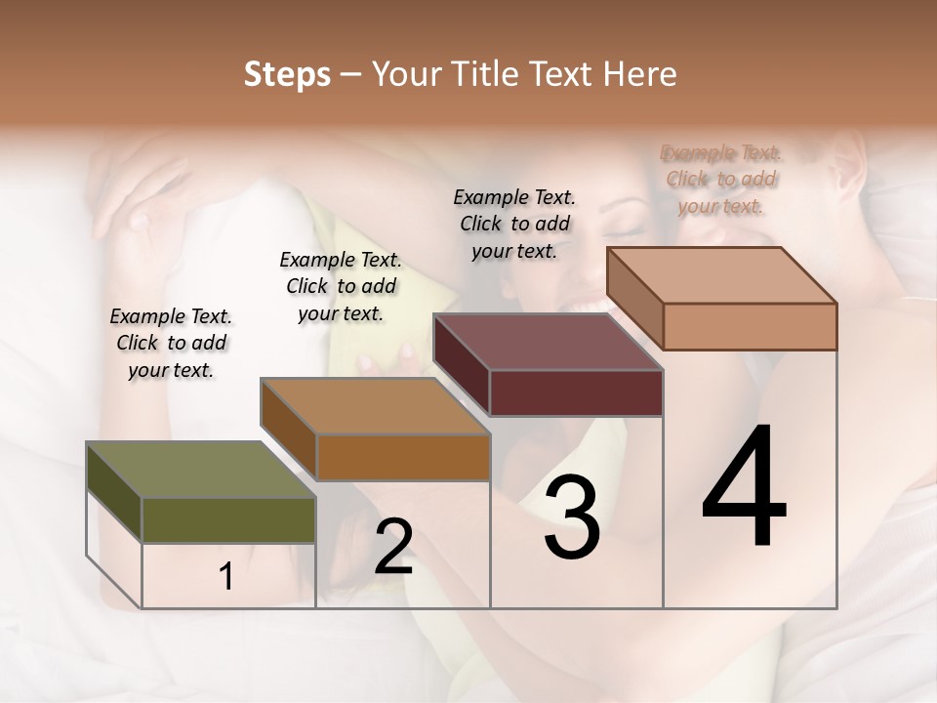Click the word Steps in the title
(287, 74)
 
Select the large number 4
(744, 487)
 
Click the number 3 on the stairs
(571, 517)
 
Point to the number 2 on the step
(393, 547)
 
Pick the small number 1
(226, 577)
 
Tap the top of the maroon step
(548, 342)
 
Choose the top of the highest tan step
(721, 275)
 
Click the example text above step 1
(171, 343)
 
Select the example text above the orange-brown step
(341, 286)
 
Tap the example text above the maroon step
(514, 224)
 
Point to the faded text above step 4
(721, 179)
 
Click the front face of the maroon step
(576, 393)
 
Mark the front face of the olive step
(228, 519)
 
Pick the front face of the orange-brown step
(402, 457)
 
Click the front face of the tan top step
(750, 326)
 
